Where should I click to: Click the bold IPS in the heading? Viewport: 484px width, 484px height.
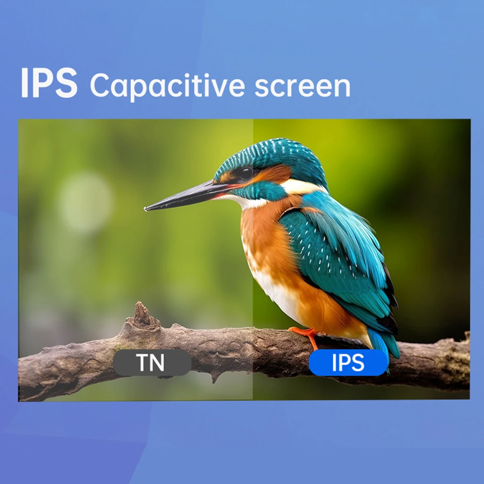click(49, 83)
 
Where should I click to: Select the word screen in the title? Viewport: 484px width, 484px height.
click(302, 86)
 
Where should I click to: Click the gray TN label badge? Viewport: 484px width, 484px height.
click(152, 363)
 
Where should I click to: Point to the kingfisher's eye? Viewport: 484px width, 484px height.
click(246, 173)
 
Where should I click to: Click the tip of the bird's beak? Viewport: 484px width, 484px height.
click(145, 210)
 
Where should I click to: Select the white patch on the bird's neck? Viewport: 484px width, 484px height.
click(301, 187)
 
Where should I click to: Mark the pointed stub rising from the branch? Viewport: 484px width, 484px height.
click(142, 315)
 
